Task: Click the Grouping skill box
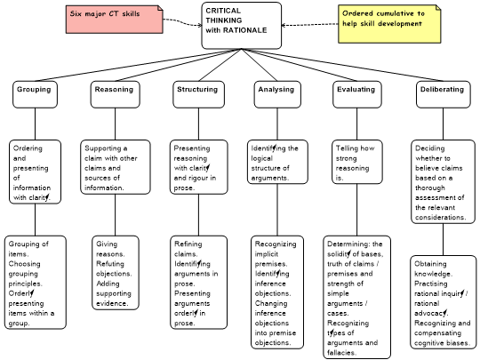click(x=35, y=94)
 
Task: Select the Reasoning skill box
click(x=115, y=94)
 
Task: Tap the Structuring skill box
click(x=198, y=94)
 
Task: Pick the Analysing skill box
click(x=277, y=94)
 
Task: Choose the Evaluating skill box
click(x=357, y=94)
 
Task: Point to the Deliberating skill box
click(x=443, y=94)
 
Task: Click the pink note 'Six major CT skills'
click(x=115, y=19)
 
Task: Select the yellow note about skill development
click(x=389, y=24)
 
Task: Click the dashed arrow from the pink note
click(x=182, y=22)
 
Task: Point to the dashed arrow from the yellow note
click(x=310, y=25)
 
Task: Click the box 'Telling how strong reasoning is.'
click(x=357, y=162)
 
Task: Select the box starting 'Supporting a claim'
click(x=116, y=167)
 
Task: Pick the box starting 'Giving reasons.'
click(x=116, y=273)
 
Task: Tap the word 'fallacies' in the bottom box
click(x=341, y=353)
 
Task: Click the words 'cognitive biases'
click(x=442, y=343)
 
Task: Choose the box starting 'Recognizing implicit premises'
click(x=277, y=292)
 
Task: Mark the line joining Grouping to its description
click(x=35, y=124)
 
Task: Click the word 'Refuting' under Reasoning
click(x=110, y=264)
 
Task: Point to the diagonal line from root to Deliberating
click(x=342, y=65)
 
